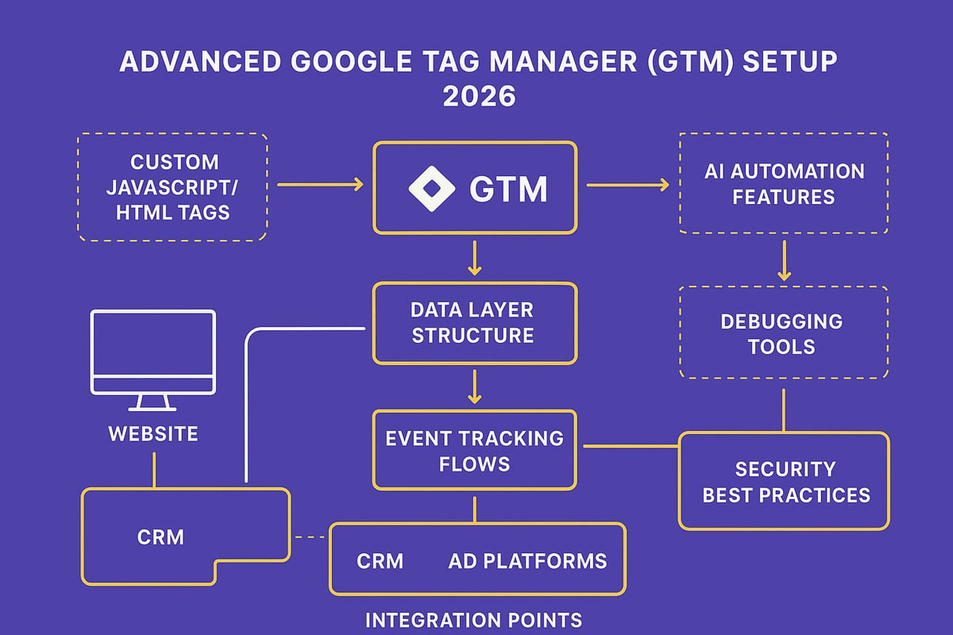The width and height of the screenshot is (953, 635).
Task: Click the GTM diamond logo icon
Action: [x=433, y=188]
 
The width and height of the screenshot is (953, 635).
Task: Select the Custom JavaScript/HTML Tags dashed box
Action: [x=172, y=187]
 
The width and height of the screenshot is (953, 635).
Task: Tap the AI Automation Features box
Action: [x=783, y=183]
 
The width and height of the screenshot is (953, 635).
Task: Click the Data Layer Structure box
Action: [x=474, y=323]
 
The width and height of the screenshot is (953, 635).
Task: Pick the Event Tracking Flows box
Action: [x=474, y=449]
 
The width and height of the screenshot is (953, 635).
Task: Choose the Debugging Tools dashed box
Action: [x=783, y=333]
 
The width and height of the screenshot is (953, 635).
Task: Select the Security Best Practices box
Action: [x=783, y=481]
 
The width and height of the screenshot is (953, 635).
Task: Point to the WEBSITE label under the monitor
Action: [x=153, y=434]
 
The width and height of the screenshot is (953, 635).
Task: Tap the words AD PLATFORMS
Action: [x=527, y=561]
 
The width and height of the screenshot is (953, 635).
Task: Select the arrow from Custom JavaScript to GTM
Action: [x=319, y=185]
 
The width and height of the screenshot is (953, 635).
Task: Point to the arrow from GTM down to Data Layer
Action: [x=474, y=259]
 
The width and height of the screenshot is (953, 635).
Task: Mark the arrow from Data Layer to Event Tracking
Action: [x=474, y=387]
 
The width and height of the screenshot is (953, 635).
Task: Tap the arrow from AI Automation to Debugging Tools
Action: [x=784, y=260]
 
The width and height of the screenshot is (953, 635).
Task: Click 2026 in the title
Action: [x=478, y=96]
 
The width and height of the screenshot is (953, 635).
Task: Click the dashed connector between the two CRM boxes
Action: [x=311, y=537]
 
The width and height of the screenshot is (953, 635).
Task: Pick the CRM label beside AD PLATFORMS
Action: [x=380, y=561]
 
